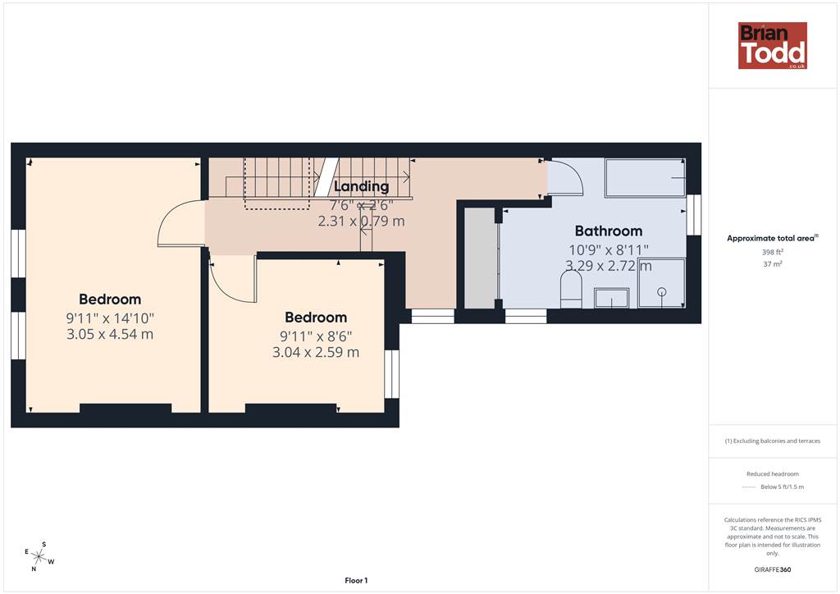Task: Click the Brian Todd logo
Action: (773, 45)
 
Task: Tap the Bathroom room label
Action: (609, 231)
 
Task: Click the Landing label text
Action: (362, 186)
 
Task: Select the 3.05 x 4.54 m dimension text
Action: (110, 334)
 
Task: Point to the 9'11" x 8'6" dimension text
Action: (316, 336)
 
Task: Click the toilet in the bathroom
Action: (571, 290)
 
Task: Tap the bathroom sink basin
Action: (611, 299)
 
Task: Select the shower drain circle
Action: (662, 292)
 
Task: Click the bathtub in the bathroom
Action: (645, 178)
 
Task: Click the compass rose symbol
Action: (39, 556)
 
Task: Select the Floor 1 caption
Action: (356, 581)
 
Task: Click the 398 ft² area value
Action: (773, 252)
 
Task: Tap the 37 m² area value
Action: (773, 264)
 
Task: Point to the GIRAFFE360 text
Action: (773, 569)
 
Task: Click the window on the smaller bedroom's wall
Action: (392, 374)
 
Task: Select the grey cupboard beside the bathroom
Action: (480, 258)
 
